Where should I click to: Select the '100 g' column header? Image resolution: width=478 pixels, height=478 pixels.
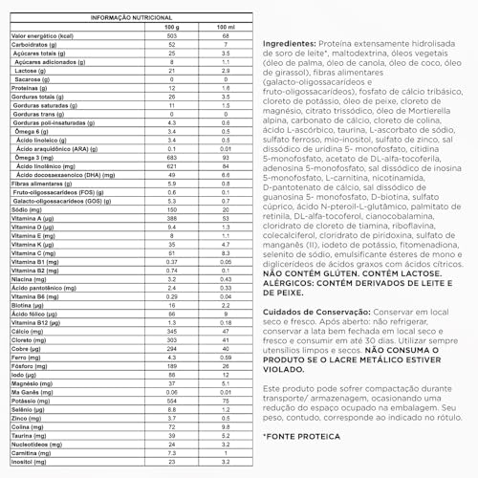171,26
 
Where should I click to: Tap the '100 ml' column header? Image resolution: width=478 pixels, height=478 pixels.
223,26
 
